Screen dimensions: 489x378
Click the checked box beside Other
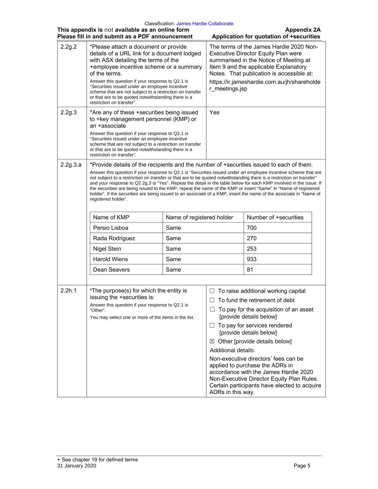[212, 341]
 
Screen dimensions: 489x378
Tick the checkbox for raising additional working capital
[212, 291]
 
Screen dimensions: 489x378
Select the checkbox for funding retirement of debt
[212, 300]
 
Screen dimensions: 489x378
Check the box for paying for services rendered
[212, 325]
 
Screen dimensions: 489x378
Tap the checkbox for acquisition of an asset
[212, 310]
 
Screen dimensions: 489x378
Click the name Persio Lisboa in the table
[110, 228]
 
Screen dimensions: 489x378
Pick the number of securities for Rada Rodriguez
[252, 238]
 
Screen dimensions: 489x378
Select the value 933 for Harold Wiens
[252, 259]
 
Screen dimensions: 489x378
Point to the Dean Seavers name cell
[111, 269]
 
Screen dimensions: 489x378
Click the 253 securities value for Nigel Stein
[252, 249]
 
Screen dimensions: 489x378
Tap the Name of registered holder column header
[199, 217]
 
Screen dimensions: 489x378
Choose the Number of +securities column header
[275, 217]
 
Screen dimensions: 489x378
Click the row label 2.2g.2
[68, 47]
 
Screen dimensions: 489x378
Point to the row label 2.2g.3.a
[71, 165]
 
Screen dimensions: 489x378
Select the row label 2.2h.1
[68, 291]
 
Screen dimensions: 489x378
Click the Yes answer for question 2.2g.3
[214, 112]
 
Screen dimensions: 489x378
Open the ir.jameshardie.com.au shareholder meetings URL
[264, 85]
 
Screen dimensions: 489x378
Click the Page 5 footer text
[302, 466]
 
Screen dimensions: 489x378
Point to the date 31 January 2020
[77, 466]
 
